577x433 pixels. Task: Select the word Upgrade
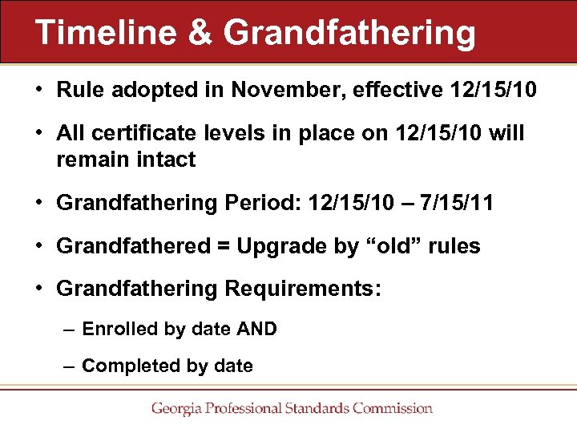click(272, 246)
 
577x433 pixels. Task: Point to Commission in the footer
click(392, 409)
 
